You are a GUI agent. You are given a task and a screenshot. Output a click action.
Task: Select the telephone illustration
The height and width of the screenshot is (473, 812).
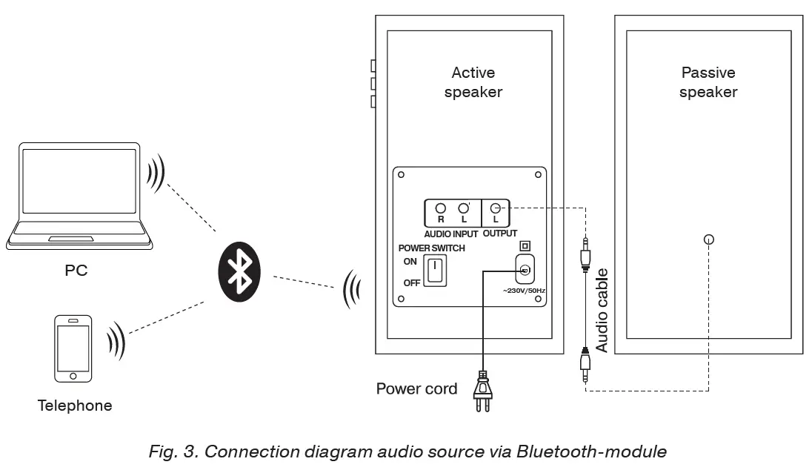click(73, 348)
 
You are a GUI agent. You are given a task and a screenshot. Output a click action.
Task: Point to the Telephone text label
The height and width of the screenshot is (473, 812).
click(75, 406)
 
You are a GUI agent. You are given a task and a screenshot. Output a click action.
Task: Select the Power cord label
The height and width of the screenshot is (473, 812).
click(416, 388)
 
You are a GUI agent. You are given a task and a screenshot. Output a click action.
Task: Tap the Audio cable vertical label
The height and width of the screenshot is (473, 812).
click(602, 310)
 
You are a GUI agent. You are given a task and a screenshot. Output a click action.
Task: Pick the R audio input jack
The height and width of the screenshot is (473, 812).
click(441, 209)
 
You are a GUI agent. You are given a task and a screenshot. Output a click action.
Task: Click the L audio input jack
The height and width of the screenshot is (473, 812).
click(464, 209)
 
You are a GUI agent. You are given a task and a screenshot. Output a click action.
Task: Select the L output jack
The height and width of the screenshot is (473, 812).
click(496, 209)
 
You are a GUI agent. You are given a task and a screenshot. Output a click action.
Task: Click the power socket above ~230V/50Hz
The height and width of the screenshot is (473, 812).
click(525, 270)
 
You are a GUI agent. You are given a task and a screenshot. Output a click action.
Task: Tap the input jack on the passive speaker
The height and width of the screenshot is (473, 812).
click(709, 239)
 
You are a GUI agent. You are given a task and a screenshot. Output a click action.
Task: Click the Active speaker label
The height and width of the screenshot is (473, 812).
click(473, 82)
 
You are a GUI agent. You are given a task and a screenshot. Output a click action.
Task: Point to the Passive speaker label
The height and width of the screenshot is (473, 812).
click(708, 82)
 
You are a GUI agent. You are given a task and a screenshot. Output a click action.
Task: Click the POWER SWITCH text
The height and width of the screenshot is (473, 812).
click(432, 248)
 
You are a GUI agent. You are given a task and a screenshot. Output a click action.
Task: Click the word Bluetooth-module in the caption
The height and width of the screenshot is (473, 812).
click(591, 451)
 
